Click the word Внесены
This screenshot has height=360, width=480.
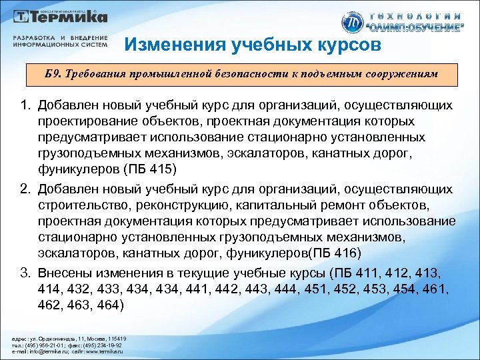click(63, 273)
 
